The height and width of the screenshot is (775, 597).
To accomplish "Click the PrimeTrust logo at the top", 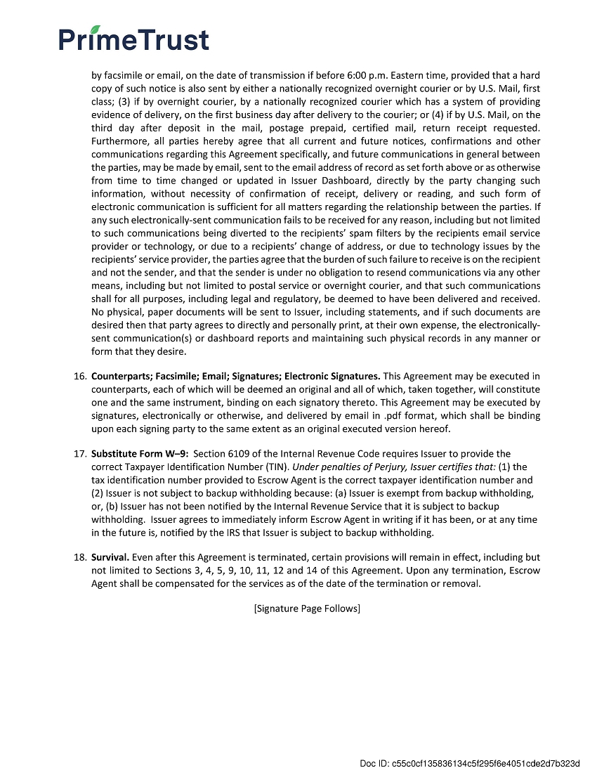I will (x=133, y=39).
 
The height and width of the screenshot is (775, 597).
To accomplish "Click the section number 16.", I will (x=79, y=376).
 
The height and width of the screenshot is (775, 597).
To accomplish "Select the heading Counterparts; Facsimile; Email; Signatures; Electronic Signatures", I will (x=235, y=376).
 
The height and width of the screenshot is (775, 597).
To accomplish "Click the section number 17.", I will (x=79, y=454).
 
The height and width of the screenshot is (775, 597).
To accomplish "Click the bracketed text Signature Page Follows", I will (x=307, y=608).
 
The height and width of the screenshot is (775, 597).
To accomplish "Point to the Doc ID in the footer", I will (x=470, y=763).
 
